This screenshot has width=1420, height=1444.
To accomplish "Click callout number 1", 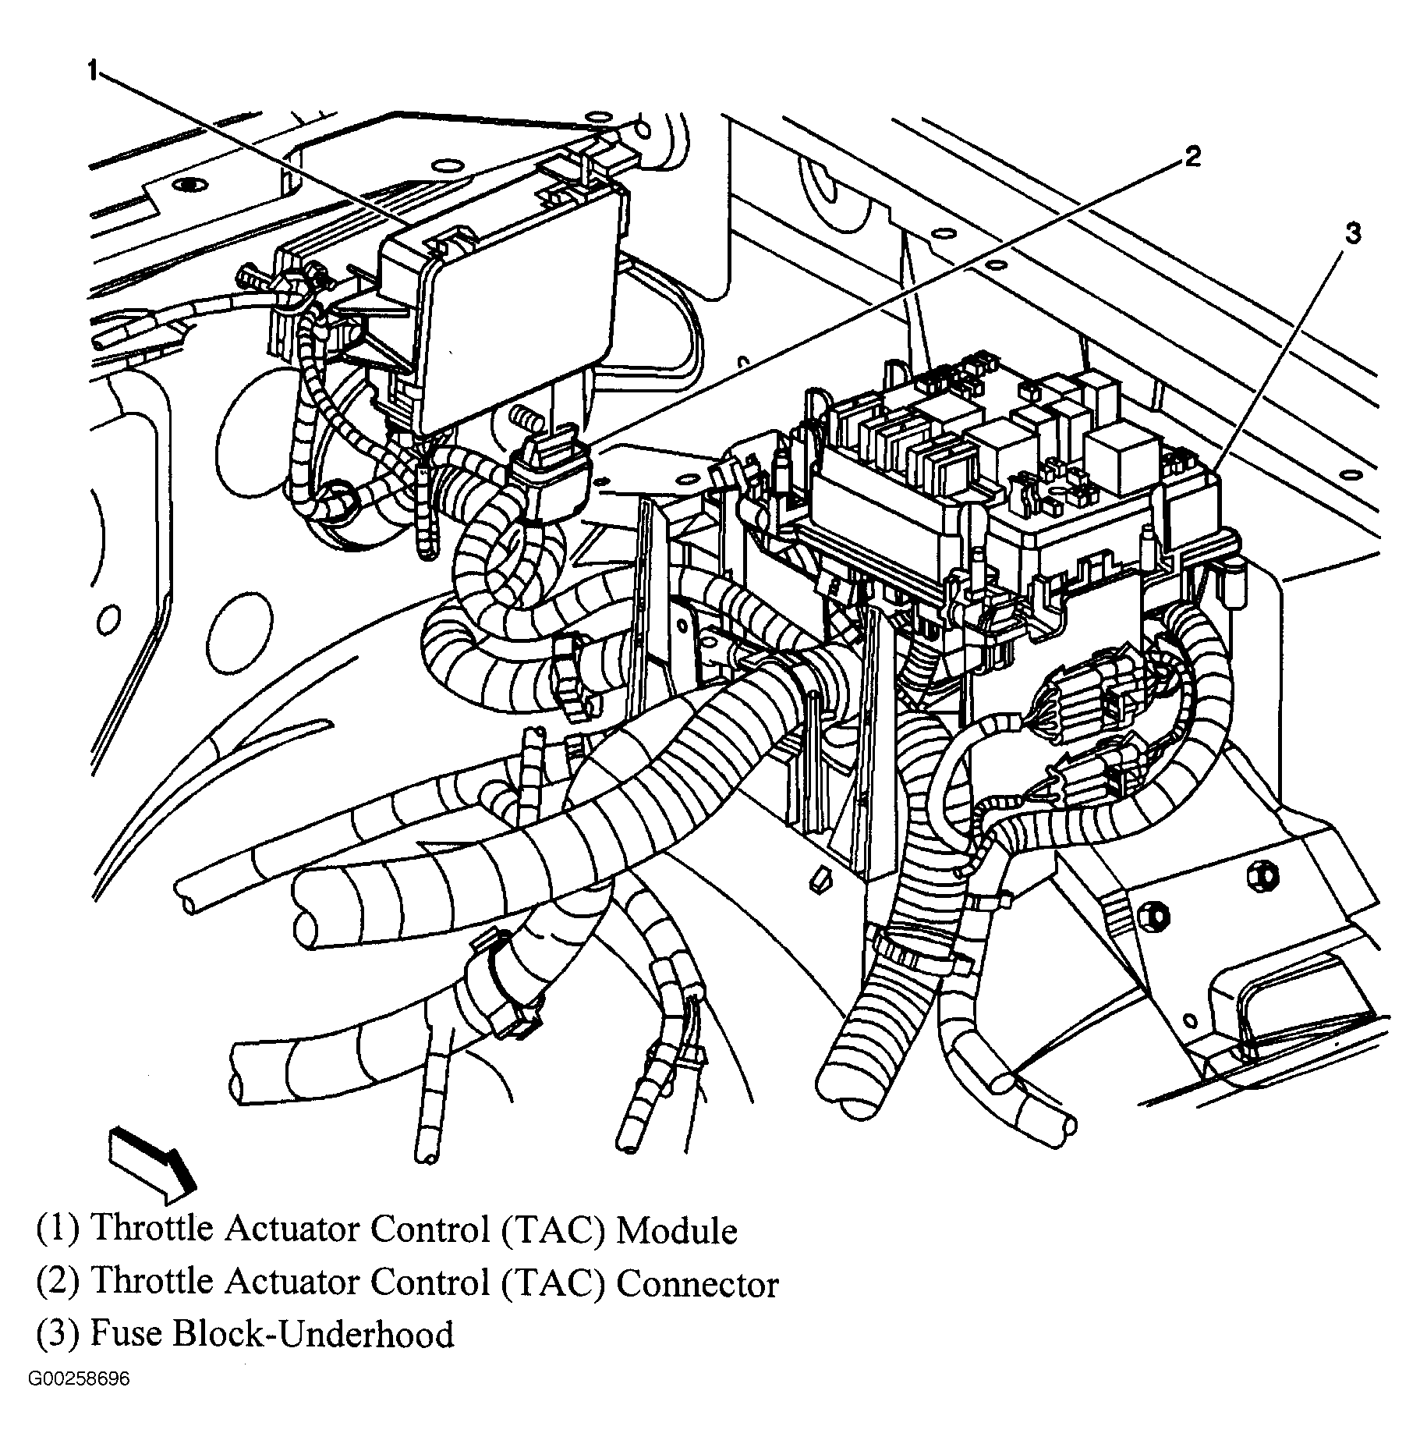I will tap(92, 72).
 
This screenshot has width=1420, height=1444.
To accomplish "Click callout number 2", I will tap(1191, 157).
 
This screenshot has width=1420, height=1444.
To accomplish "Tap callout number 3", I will tap(1352, 232).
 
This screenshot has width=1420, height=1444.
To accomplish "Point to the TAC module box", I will tap(499, 320).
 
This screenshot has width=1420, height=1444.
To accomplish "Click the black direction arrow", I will tap(151, 1162).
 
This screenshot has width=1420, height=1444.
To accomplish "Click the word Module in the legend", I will tap(676, 1230).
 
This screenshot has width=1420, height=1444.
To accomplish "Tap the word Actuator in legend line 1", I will tap(292, 1230).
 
